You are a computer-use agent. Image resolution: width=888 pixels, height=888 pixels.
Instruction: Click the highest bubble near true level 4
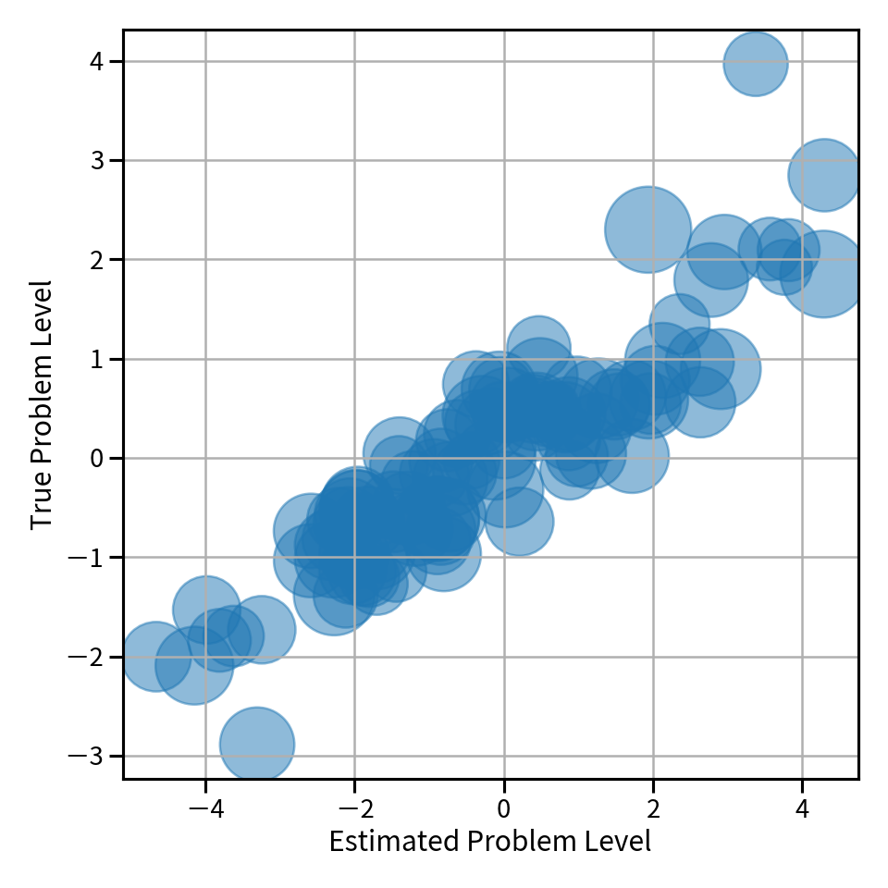pyautogui.click(x=756, y=64)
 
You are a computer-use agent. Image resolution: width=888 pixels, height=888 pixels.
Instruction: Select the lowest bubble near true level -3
pyautogui.click(x=257, y=744)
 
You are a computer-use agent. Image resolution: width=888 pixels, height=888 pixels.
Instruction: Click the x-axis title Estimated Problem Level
pyautogui.click(x=490, y=842)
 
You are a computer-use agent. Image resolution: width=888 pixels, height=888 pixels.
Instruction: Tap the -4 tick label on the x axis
pyautogui.click(x=205, y=808)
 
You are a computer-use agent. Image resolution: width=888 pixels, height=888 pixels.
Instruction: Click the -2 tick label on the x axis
pyautogui.click(x=354, y=808)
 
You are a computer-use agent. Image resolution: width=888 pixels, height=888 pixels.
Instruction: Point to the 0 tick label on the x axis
pyautogui.click(x=504, y=808)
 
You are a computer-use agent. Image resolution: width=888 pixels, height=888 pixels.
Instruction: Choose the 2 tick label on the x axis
pyautogui.click(x=653, y=808)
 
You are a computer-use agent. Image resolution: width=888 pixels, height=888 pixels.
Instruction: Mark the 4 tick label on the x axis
pyautogui.click(x=802, y=808)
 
